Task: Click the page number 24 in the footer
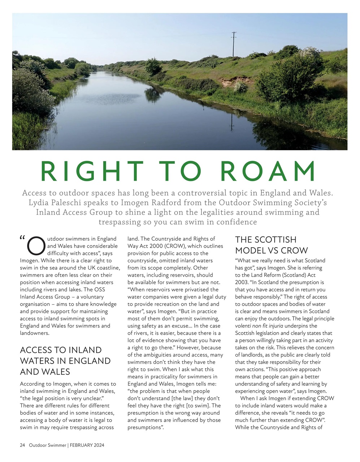tap(22, 445)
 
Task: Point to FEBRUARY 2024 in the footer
tap(87, 445)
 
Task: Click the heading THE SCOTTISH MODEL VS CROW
tap(271, 245)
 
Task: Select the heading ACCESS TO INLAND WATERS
tap(65, 361)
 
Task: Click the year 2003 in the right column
tap(242, 282)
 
